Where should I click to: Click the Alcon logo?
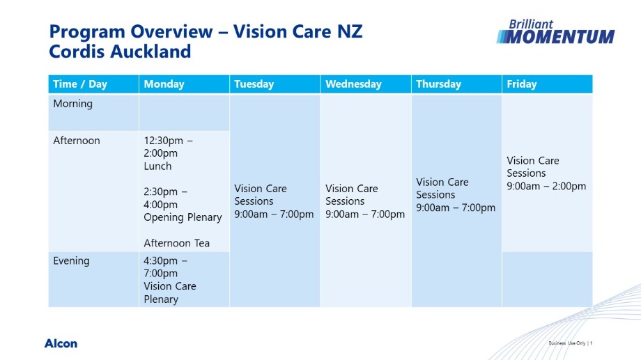pos(61,343)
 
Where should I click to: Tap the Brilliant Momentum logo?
pos(555,32)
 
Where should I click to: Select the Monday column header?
pos(164,84)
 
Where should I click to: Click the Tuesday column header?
pos(254,84)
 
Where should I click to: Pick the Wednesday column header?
pos(353,84)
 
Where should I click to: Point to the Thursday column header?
pos(439,84)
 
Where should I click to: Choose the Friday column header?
pos(522,84)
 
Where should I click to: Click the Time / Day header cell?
pos(80,84)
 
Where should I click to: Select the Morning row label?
pos(72,104)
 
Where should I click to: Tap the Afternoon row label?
pos(77,141)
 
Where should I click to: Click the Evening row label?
pos(71,260)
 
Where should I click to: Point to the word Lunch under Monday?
pos(157,166)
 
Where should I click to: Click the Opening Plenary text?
pos(183,217)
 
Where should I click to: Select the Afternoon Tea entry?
pos(176,243)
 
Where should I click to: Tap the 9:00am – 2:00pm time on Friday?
pos(546,187)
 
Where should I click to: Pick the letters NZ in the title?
pos(350,32)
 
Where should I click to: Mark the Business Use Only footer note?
pos(570,343)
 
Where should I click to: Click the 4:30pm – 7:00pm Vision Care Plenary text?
pos(169,280)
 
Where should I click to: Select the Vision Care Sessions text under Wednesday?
pos(365,201)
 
